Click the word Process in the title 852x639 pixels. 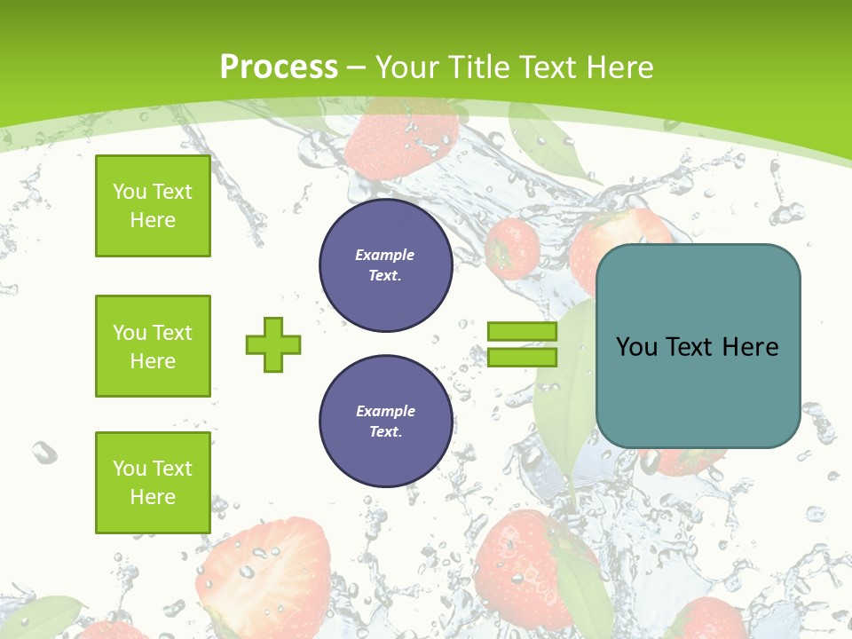click(x=279, y=67)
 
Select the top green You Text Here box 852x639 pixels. click(x=153, y=206)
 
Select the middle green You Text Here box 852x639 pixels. click(x=153, y=346)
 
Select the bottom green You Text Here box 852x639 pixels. click(x=153, y=483)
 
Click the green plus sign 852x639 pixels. click(x=273, y=344)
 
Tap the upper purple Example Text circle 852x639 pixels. click(x=385, y=265)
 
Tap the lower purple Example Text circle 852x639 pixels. click(x=385, y=422)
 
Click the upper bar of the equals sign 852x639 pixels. click(x=522, y=332)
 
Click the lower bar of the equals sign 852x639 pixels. click(x=522, y=357)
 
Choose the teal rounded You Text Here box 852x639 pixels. click(x=698, y=346)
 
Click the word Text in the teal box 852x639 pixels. click(x=689, y=346)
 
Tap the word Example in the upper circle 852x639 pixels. click(x=384, y=256)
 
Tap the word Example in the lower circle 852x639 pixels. click(x=385, y=412)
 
